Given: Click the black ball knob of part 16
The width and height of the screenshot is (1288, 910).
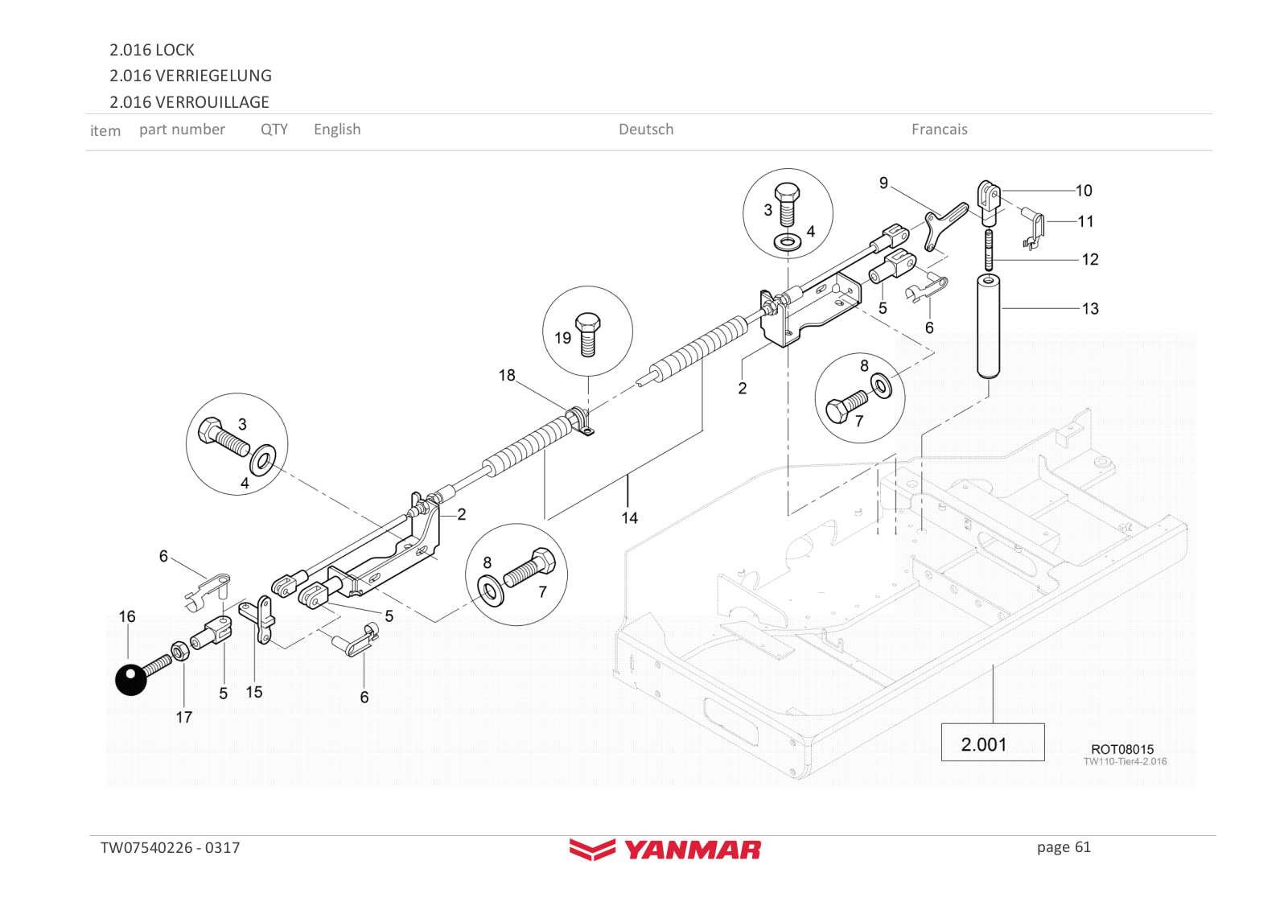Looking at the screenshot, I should pyautogui.click(x=131, y=680).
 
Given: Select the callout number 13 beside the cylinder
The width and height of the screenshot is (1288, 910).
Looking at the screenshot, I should pyautogui.click(x=1090, y=309).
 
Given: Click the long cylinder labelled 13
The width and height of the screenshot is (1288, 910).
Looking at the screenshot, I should pyautogui.click(x=988, y=326).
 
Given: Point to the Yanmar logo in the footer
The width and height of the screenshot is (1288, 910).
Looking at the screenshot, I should pyautogui.click(x=665, y=849).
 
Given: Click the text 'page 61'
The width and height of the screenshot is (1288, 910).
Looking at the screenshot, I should pyautogui.click(x=1064, y=847).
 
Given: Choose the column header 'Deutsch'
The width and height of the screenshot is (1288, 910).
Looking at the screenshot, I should pyautogui.click(x=646, y=130).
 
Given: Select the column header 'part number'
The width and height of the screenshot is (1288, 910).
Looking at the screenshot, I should pyautogui.click(x=182, y=130).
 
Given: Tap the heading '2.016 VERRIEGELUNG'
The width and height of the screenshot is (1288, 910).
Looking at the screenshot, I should pyautogui.click(x=191, y=76).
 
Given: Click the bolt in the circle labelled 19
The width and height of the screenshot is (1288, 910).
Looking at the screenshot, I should pyautogui.click(x=588, y=333).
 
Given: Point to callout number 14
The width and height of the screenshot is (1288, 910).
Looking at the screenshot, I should pyautogui.click(x=629, y=518).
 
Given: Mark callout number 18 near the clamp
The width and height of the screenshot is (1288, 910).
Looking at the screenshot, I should pyautogui.click(x=507, y=376).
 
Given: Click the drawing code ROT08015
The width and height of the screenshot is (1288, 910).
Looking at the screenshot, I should pyautogui.click(x=1121, y=749).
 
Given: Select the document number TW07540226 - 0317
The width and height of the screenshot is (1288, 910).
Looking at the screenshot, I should pyautogui.click(x=170, y=848).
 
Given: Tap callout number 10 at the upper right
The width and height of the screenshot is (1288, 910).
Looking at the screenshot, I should pyautogui.click(x=1084, y=191).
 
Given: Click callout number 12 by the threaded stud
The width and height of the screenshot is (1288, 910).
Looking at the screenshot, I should pyautogui.click(x=1090, y=260).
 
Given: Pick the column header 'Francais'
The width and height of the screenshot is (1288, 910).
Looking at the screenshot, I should pyautogui.click(x=939, y=130).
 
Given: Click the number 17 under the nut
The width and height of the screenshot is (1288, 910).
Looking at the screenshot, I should pyautogui.click(x=184, y=717).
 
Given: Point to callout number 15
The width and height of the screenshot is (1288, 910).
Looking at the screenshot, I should pyautogui.click(x=254, y=692).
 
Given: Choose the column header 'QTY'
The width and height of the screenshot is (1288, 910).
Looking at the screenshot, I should pyautogui.click(x=274, y=130).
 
